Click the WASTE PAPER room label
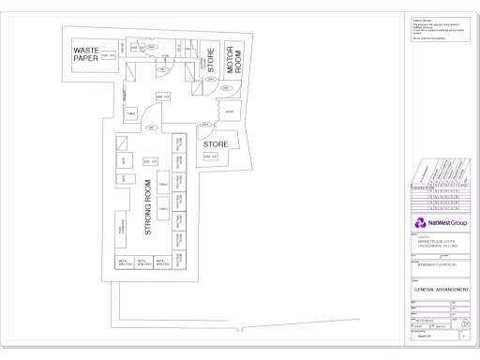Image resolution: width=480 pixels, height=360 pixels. (86, 54)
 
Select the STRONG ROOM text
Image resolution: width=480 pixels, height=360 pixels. (147, 208)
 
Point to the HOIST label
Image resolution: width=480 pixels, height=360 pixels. (230, 112)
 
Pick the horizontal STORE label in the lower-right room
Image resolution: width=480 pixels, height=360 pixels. (217, 143)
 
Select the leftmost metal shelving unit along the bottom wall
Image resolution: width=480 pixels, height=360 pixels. (123, 263)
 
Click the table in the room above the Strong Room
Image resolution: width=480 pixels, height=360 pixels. (131, 113)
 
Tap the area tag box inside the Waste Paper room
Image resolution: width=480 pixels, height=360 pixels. (108, 56)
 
